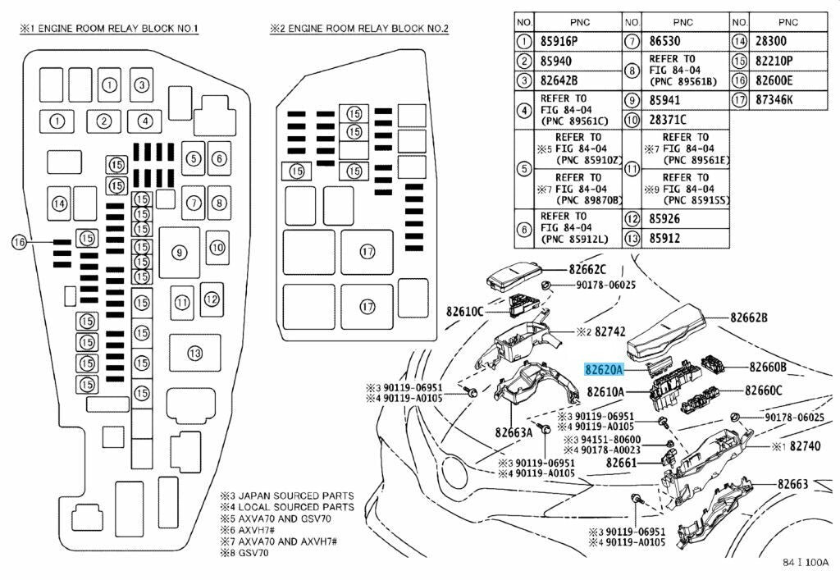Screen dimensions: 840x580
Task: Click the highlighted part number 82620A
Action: [605, 369]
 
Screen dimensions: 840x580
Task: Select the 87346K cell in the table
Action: [774, 100]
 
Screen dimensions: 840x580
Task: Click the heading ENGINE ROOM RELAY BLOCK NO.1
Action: [109, 29]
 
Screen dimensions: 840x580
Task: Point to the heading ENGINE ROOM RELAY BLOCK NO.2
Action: [359, 29]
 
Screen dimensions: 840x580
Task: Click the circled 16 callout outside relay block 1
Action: [20, 242]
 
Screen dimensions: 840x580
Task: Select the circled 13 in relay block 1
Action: [195, 353]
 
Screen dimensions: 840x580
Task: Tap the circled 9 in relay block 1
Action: [180, 252]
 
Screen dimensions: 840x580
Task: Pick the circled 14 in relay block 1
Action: [59, 203]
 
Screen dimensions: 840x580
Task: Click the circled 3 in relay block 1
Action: [141, 84]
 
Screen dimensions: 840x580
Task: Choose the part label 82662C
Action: [587, 269]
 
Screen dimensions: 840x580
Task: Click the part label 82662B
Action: [749, 317]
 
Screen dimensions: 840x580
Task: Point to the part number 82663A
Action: [514, 432]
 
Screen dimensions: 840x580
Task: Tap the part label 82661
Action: [622, 462]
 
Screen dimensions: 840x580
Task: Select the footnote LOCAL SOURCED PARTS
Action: [295, 507]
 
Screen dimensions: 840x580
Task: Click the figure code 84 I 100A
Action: [806, 562]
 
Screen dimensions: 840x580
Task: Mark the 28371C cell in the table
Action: [668, 120]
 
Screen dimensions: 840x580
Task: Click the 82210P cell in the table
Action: [774, 61]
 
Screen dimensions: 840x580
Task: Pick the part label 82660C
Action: [764, 390]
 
